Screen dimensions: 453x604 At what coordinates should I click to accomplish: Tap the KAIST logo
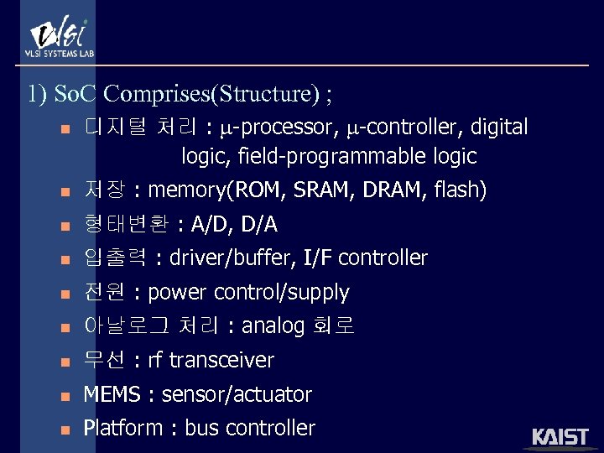(560, 436)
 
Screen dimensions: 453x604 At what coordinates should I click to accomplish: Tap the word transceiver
(221, 361)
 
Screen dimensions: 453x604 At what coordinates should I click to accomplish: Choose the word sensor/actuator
(237, 395)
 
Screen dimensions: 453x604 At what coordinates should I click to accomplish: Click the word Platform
(122, 429)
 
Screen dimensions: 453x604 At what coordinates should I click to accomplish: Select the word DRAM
(393, 190)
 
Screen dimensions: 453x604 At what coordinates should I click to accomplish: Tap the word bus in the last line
(200, 429)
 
